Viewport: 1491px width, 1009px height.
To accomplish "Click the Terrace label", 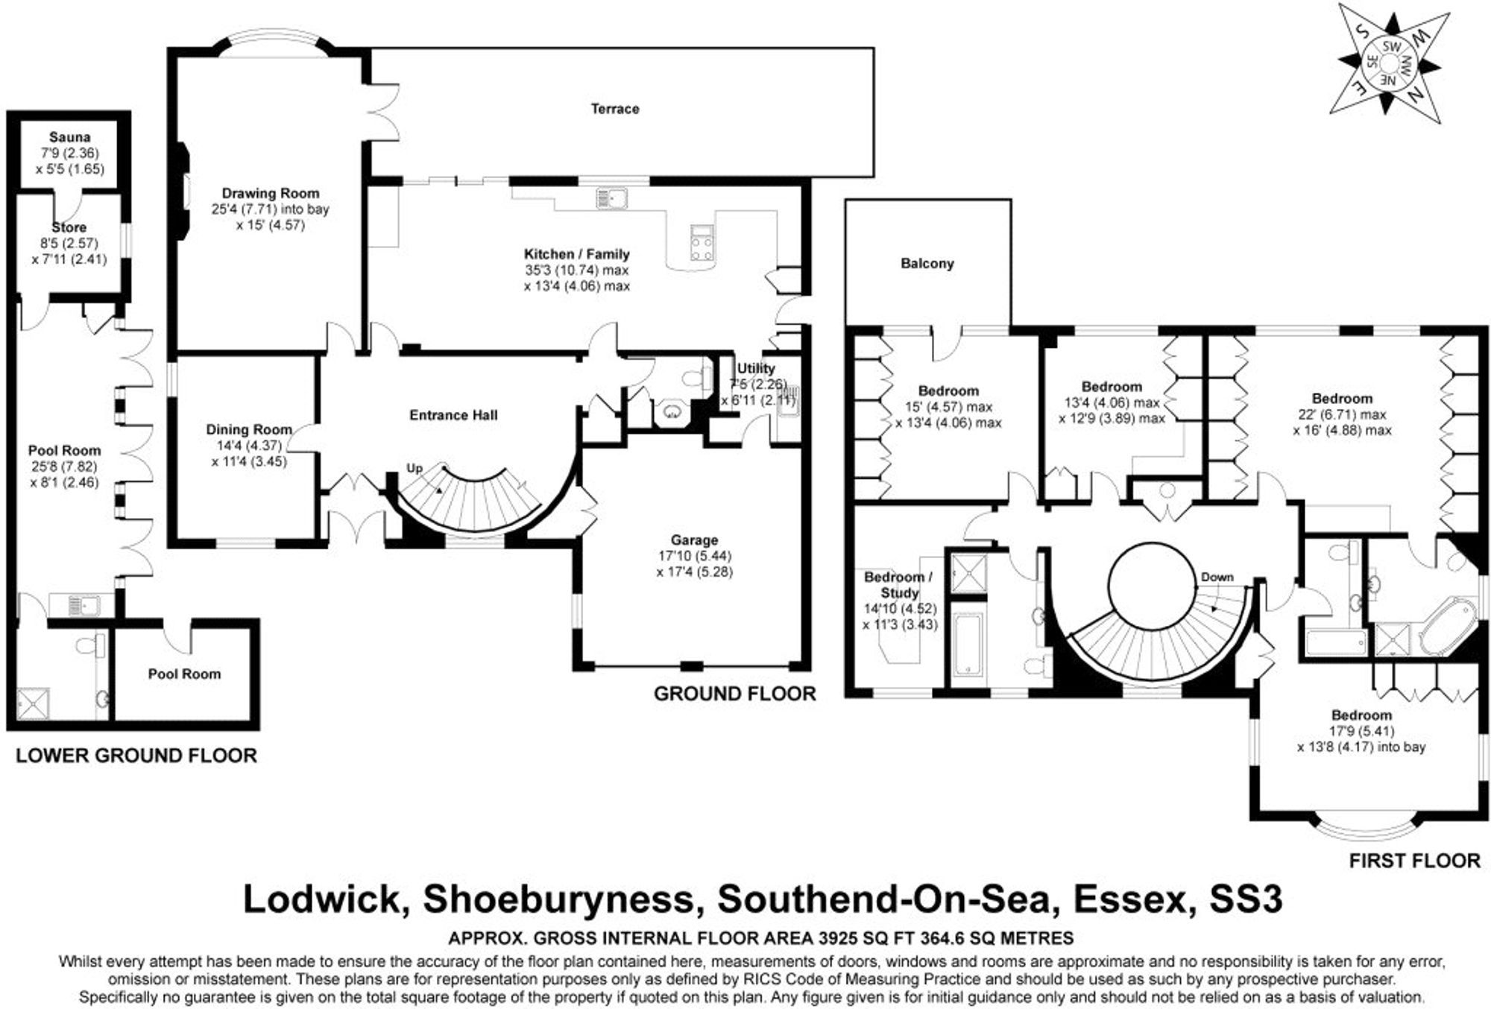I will (615, 109).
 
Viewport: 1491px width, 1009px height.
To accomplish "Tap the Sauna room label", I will (69, 137).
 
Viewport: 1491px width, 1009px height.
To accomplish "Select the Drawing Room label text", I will (270, 193).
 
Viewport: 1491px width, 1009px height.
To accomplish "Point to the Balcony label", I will (927, 263).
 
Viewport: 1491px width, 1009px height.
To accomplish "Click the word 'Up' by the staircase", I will (414, 468).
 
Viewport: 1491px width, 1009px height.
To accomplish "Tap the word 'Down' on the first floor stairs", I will (1217, 577).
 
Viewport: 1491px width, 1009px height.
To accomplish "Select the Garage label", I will (694, 540).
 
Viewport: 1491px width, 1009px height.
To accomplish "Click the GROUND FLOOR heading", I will (734, 694).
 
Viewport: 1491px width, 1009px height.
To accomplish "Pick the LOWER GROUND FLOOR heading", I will (136, 756).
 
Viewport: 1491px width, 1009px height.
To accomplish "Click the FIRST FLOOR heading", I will (1414, 861).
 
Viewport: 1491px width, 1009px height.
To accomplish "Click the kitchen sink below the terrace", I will (611, 198).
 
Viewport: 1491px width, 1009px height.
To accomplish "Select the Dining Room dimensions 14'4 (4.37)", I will (249, 445).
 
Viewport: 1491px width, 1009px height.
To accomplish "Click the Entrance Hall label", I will (453, 415).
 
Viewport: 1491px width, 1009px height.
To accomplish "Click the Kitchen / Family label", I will (576, 254).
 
